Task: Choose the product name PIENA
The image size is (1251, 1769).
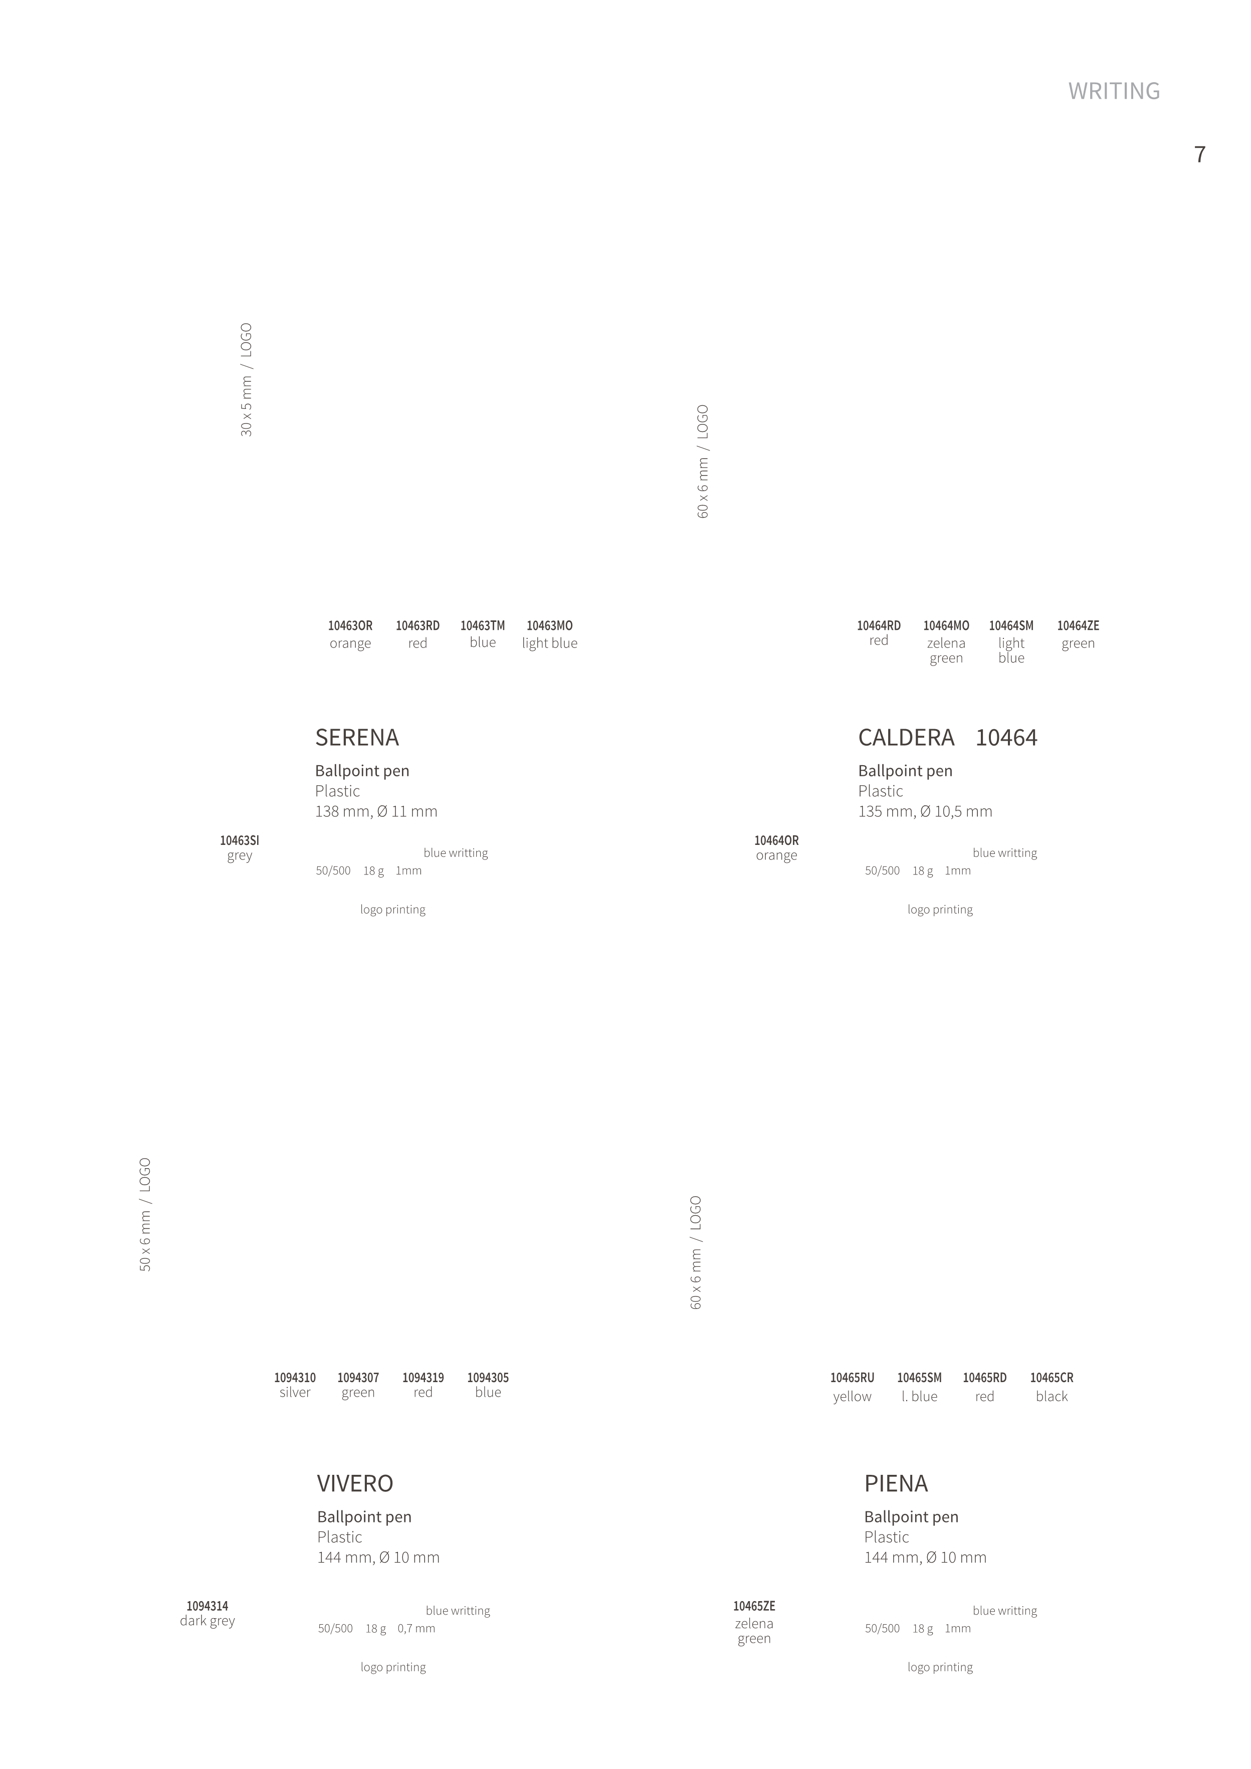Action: click(896, 1483)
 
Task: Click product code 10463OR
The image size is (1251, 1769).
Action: click(350, 625)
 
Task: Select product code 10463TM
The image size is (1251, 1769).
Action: click(483, 625)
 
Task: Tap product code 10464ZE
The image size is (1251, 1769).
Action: click(1078, 625)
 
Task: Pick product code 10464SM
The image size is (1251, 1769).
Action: click(1011, 625)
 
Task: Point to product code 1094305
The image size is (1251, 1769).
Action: click(488, 1378)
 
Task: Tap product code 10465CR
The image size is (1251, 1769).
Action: click(1052, 1378)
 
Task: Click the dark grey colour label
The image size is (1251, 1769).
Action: click(207, 1621)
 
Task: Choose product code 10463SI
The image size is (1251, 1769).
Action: click(240, 840)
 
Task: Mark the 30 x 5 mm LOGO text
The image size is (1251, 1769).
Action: click(247, 380)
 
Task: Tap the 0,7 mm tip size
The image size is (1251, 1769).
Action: click(416, 1628)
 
